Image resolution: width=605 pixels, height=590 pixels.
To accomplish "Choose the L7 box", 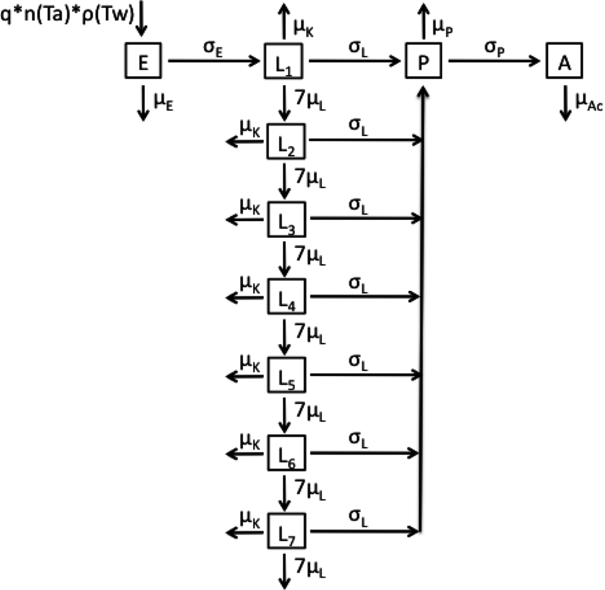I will (x=287, y=531).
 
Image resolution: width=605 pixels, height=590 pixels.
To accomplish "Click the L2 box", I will (x=287, y=141).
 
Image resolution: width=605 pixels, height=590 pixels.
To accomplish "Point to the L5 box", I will (x=287, y=375).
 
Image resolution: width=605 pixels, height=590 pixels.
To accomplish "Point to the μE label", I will (x=165, y=102).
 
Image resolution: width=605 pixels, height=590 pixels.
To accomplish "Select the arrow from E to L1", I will (x=214, y=60).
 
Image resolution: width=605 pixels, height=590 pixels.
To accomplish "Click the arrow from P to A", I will (x=495, y=60).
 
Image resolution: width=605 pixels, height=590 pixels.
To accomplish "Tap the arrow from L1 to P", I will (x=355, y=60).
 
